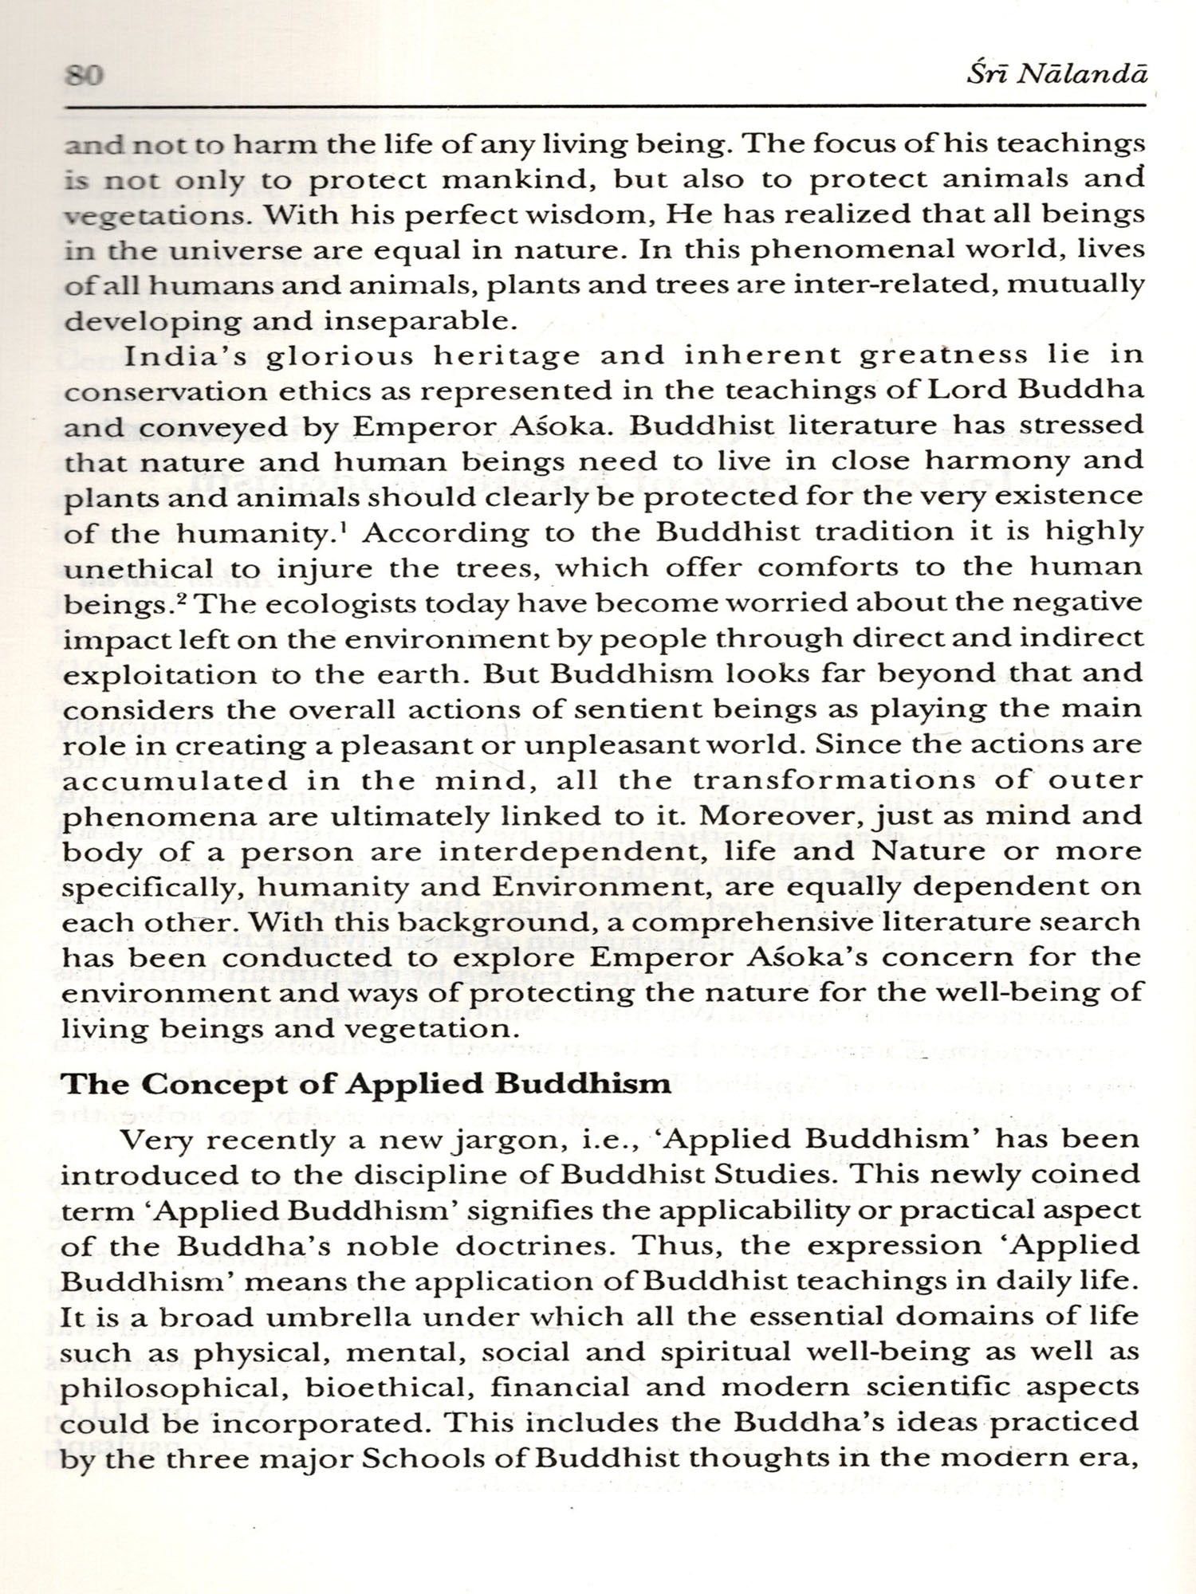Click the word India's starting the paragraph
(x=185, y=355)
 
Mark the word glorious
(x=340, y=356)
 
